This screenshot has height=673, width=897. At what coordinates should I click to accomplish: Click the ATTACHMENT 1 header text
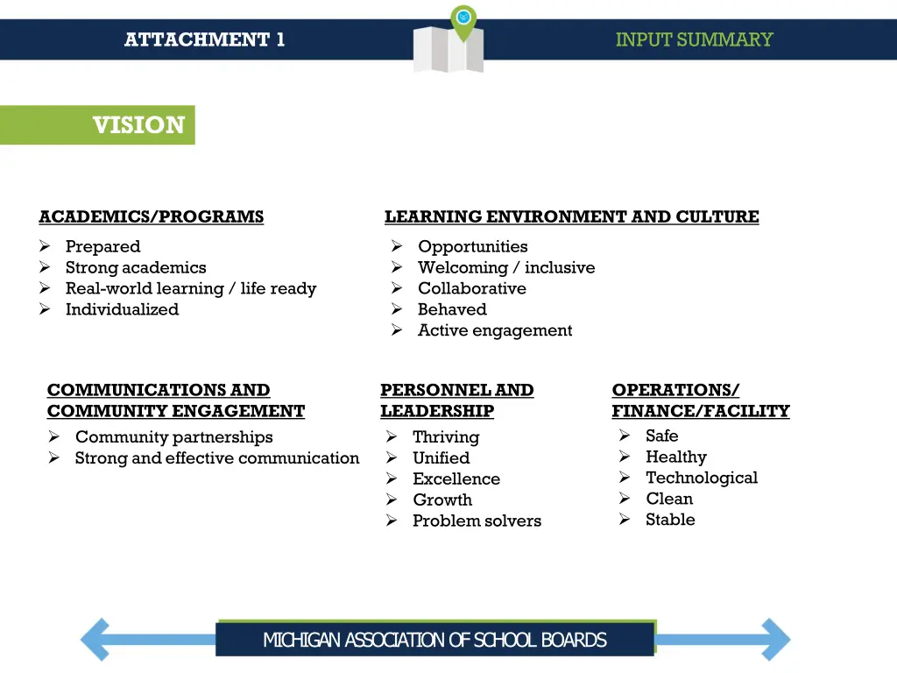204,39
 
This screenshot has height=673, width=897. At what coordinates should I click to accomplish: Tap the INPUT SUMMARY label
694,39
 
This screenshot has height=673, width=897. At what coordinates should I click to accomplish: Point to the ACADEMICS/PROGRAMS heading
151,216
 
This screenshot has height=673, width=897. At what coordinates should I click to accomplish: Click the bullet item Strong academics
136,267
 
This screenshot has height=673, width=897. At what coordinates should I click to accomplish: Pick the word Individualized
122,309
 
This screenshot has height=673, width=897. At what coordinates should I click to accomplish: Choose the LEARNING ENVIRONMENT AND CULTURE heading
571,216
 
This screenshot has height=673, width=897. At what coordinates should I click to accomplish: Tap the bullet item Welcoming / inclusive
505,267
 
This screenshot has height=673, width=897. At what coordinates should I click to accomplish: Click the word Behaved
452,309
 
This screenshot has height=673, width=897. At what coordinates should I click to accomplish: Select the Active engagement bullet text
495,330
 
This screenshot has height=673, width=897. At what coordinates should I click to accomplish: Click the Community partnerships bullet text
173,436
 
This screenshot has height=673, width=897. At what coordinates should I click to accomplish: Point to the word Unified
441,457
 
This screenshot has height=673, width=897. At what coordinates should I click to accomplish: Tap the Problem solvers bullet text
477,521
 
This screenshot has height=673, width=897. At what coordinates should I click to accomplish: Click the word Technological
701,478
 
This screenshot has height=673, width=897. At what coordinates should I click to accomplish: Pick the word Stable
670,520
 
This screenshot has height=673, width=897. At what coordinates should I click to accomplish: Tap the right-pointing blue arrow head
774,639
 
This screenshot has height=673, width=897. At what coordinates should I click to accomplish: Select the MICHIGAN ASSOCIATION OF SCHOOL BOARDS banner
434,640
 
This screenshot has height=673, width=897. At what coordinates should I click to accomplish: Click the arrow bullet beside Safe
625,436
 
